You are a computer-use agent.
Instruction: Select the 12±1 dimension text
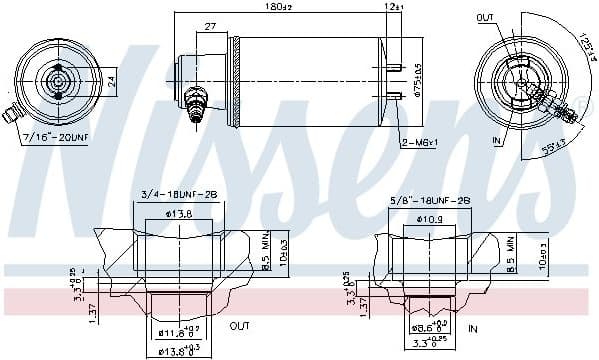point(391,8)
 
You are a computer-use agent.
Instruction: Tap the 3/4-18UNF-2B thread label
point(179,195)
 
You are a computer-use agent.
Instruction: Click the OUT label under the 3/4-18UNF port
point(240,325)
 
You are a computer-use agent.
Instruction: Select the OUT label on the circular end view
point(485,18)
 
